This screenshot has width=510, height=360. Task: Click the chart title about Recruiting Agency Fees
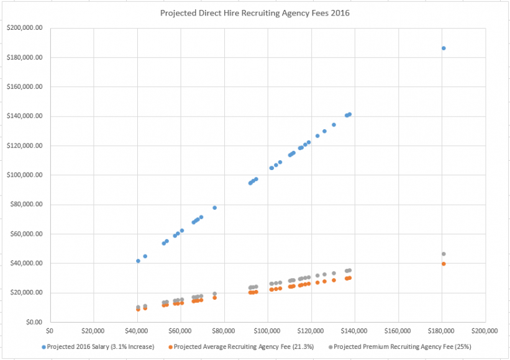tap(255, 13)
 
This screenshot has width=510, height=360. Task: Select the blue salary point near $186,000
tap(444, 48)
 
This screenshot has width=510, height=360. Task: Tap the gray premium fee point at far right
tap(444, 254)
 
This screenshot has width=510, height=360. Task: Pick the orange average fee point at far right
tap(444, 264)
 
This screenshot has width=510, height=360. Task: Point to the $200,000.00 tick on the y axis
tap(25, 28)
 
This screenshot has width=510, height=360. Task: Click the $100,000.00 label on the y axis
tap(25, 175)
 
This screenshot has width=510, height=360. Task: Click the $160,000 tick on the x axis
tap(398, 331)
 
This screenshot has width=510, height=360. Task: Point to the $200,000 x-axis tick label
tap(485, 331)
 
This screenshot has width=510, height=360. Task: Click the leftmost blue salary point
tap(138, 261)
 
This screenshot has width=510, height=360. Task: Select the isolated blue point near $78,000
tap(215, 207)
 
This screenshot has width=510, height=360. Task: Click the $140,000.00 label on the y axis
tap(25, 116)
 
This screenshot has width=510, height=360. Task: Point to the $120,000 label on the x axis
tap(311, 331)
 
